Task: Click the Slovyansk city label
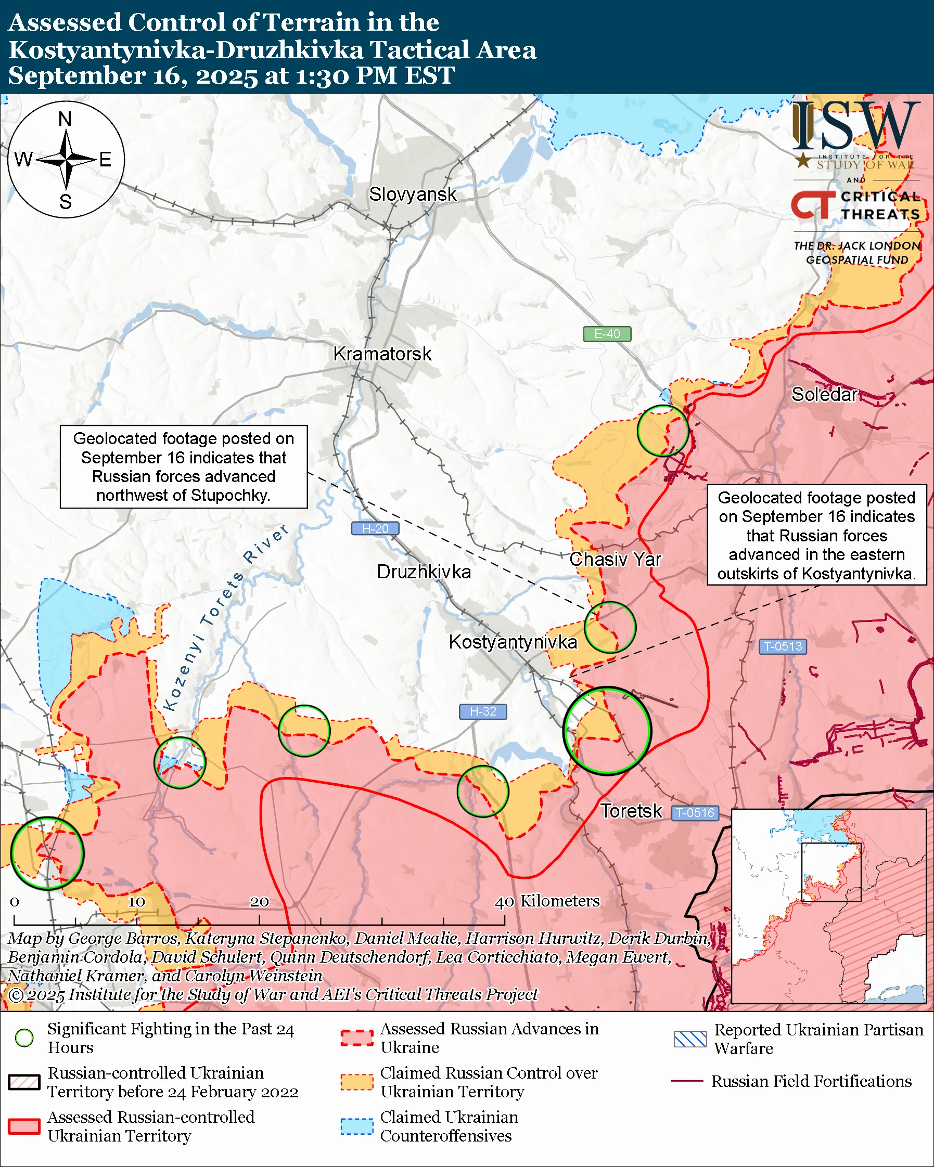point(413,194)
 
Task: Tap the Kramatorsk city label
point(382,354)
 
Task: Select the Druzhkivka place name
point(424,572)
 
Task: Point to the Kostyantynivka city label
point(513,642)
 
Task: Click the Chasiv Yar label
point(615,559)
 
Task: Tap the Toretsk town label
point(631,811)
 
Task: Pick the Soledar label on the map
point(824,394)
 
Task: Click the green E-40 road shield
point(606,334)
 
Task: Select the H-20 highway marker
point(375,528)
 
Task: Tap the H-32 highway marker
point(482,711)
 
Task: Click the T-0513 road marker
point(783,646)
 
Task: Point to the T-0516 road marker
point(695,812)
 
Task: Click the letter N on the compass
point(65,119)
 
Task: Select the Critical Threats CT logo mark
point(812,204)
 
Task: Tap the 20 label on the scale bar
point(259,902)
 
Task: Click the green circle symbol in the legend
point(24,1038)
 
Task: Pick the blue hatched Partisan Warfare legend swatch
point(690,1039)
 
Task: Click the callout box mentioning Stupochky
point(184,466)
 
